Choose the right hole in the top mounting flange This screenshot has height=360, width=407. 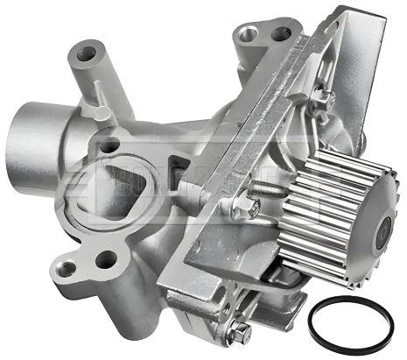pyautogui.click(x=281, y=35)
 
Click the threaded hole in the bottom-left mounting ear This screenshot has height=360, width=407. pyautogui.click(x=106, y=259)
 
